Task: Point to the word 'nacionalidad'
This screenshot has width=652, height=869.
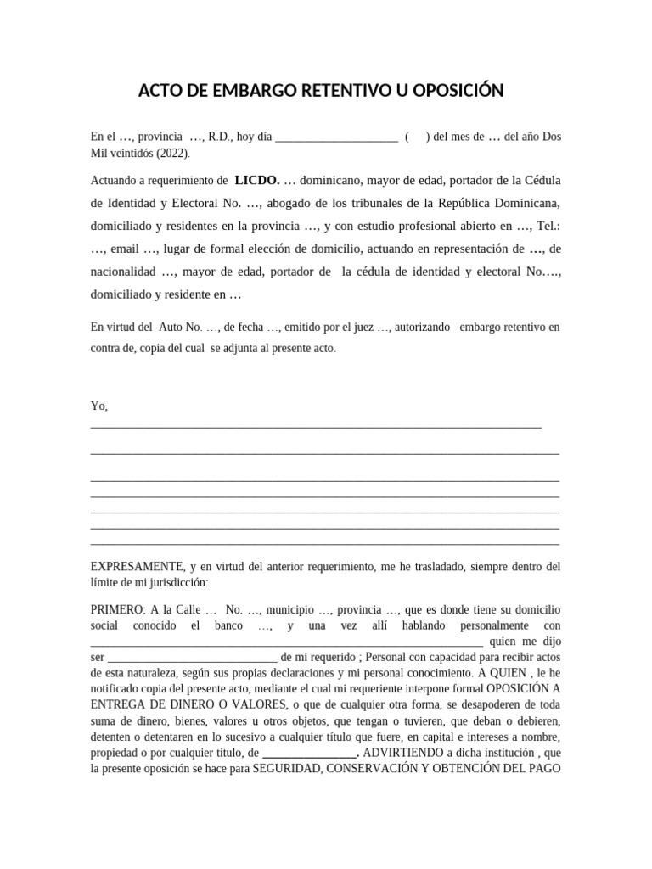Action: [x=123, y=272]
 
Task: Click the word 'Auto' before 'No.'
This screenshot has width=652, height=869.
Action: [x=171, y=327]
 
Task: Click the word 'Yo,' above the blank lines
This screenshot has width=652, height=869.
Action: [x=99, y=406]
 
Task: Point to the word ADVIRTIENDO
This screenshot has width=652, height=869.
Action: [x=406, y=753]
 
